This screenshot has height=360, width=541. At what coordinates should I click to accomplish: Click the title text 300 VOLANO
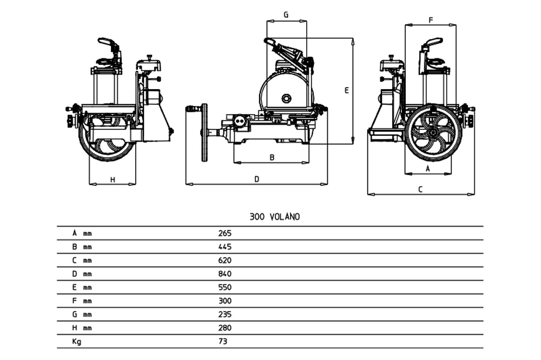click(274, 217)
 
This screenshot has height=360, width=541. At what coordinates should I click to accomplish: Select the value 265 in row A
click(225, 234)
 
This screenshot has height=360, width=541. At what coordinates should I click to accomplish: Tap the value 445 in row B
click(225, 247)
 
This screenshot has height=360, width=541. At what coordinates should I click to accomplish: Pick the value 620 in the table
click(225, 261)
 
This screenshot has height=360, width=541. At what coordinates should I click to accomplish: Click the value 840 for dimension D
click(225, 274)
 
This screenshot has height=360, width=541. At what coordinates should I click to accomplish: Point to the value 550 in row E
click(225, 288)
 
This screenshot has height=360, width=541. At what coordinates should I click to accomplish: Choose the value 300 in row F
click(225, 301)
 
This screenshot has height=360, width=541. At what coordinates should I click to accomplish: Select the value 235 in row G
click(225, 315)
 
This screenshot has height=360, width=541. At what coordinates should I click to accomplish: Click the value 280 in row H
click(225, 328)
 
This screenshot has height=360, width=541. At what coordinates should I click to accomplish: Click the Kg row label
click(76, 342)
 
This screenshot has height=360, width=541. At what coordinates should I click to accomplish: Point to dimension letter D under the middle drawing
click(257, 178)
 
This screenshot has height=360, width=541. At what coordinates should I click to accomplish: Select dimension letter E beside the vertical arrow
click(347, 91)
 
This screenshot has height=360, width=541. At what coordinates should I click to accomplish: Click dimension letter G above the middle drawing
click(286, 15)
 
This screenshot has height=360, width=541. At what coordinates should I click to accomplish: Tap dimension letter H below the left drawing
click(113, 179)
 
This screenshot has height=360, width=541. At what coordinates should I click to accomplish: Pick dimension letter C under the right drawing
click(420, 189)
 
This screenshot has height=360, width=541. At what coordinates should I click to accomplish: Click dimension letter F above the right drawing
click(431, 20)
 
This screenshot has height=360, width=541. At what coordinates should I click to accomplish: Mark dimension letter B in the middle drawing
click(272, 157)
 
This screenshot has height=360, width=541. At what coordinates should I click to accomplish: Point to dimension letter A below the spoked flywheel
click(428, 169)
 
